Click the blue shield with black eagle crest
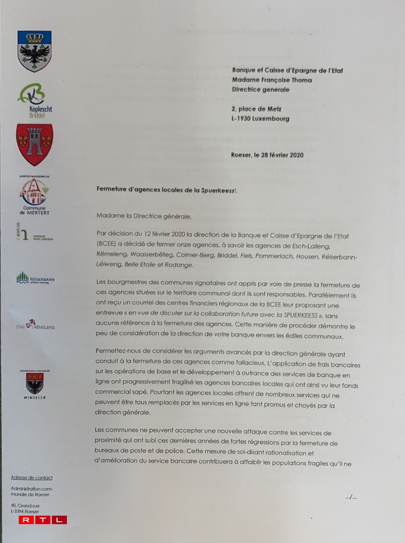35,51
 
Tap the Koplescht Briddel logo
35,100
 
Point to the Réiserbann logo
35,278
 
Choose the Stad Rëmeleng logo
35,325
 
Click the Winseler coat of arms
35,384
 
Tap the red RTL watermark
43,520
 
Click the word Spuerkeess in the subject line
218,191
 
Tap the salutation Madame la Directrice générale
144,216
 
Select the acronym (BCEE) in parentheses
106,244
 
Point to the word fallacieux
250,363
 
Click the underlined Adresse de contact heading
32,478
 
